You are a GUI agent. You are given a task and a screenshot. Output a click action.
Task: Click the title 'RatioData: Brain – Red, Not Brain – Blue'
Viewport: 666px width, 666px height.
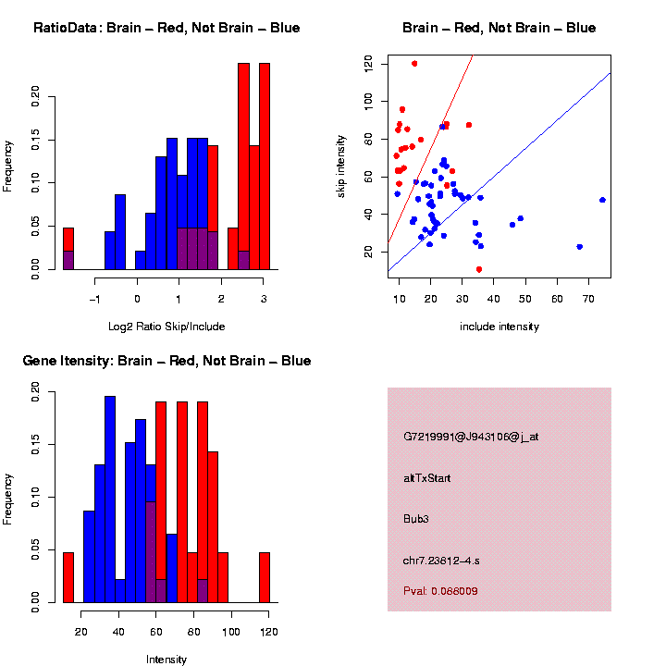point(166,28)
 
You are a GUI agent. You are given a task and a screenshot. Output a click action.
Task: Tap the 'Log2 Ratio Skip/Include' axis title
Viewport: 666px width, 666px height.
point(166,327)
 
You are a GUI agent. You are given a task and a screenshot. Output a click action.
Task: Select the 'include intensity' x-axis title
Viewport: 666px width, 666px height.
point(499,327)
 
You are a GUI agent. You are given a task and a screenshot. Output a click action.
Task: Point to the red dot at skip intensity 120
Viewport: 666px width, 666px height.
point(414,63)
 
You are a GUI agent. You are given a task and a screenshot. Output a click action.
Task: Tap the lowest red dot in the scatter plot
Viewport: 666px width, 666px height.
point(479,269)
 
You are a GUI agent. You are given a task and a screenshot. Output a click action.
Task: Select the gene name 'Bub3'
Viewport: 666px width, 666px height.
point(416,519)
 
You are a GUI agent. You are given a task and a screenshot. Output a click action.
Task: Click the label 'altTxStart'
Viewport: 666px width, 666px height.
point(427,478)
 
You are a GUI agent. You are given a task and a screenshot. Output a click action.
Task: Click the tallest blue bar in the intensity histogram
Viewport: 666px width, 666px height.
point(110,499)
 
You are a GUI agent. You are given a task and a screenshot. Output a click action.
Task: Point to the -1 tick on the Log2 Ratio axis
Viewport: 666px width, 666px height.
point(95,299)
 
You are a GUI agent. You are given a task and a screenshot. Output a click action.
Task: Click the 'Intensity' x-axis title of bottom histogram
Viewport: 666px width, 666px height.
point(166,660)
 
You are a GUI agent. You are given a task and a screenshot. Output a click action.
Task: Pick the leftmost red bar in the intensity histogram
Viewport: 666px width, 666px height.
point(68,577)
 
